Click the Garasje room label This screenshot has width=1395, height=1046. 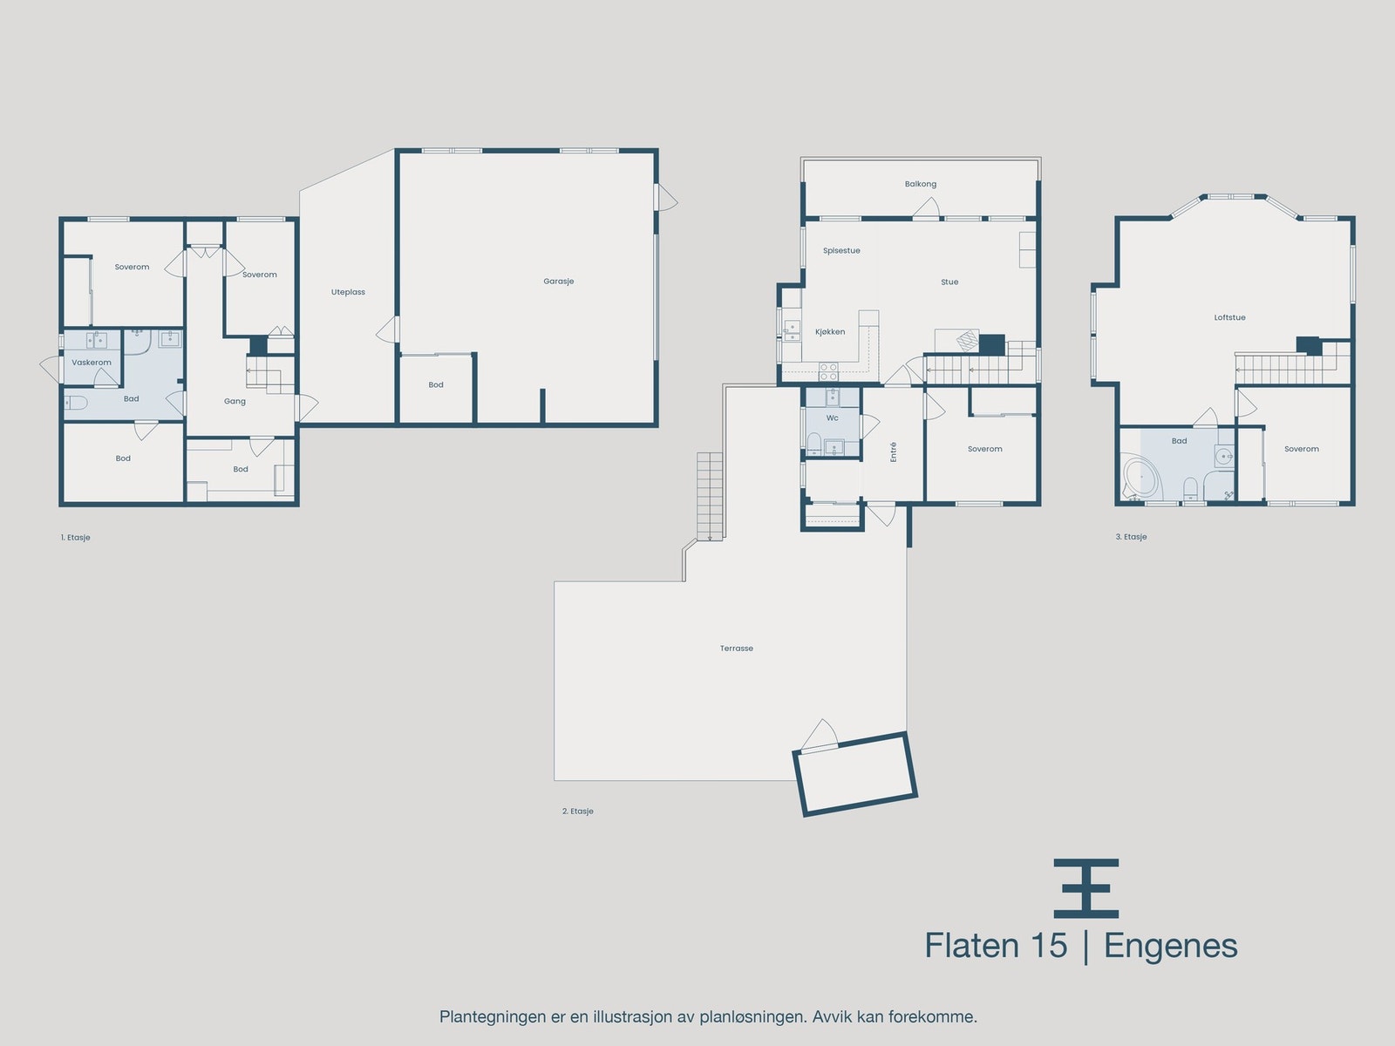click(558, 282)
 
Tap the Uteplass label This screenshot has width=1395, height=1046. click(348, 292)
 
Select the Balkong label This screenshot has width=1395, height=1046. click(921, 184)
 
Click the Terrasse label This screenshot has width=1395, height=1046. click(737, 649)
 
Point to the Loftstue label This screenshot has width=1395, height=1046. click(1229, 317)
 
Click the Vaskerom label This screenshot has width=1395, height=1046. click(92, 363)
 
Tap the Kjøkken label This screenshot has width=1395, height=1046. click(830, 332)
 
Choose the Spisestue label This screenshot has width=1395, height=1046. click(841, 251)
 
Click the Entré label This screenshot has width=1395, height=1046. click(894, 452)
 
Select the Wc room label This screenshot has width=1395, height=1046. click(833, 418)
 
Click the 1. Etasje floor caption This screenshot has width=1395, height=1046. click(76, 538)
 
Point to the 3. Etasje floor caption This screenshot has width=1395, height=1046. click(1131, 537)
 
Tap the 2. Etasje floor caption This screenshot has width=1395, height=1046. click(577, 812)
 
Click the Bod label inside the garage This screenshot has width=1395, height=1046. click(436, 384)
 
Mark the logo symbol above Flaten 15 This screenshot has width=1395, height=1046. click(1085, 888)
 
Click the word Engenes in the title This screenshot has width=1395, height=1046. click(1170, 946)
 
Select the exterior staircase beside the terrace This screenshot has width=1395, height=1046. click(711, 496)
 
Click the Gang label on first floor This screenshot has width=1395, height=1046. click(235, 402)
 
